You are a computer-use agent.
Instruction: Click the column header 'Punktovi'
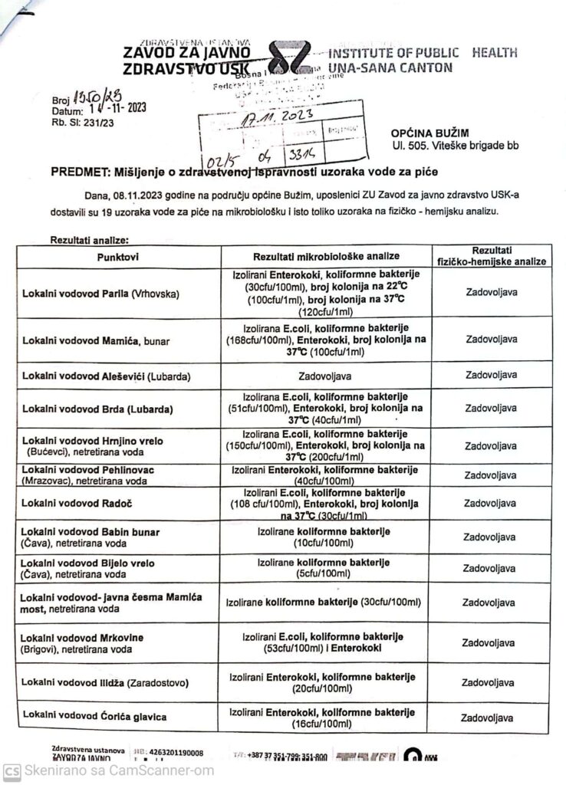tap(118, 256)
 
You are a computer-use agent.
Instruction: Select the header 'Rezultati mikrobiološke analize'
tap(327, 256)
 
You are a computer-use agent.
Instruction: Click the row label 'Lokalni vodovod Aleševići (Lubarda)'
tap(107, 376)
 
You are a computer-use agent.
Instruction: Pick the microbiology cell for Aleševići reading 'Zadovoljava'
tap(327, 376)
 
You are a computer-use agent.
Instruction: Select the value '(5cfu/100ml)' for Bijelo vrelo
tap(327, 573)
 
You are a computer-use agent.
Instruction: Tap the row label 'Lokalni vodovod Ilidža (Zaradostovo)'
tap(105, 682)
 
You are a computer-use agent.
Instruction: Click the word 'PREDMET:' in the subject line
tap(78, 173)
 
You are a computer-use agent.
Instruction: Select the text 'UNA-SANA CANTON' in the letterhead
tap(390, 67)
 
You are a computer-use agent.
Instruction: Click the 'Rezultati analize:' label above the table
tap(89, 239)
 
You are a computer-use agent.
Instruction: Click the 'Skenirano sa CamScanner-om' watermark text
tap(120, 770)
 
